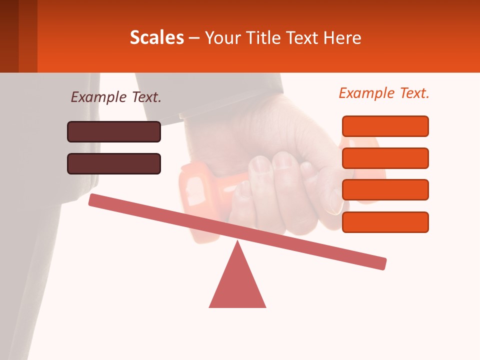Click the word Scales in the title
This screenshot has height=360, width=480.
coord(157,37)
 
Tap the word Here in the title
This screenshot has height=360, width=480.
coord(342,37)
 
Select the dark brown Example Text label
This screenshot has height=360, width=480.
coord(116,97)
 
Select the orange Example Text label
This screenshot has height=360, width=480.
coord(384,93)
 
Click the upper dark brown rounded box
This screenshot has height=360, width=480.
coord(114,131)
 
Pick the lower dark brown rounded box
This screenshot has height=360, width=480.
coord(114,163)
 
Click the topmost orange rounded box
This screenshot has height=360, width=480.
coord(385,126)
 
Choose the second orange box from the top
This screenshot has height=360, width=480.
coord(385,158)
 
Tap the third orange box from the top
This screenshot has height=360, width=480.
coord(385,189)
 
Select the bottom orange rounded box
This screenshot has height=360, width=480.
coord(385,222)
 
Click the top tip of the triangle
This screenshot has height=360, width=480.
coord(237,243)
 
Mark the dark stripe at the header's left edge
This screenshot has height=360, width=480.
coord(9,36)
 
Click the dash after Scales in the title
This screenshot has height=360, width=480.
coord(194,38)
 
